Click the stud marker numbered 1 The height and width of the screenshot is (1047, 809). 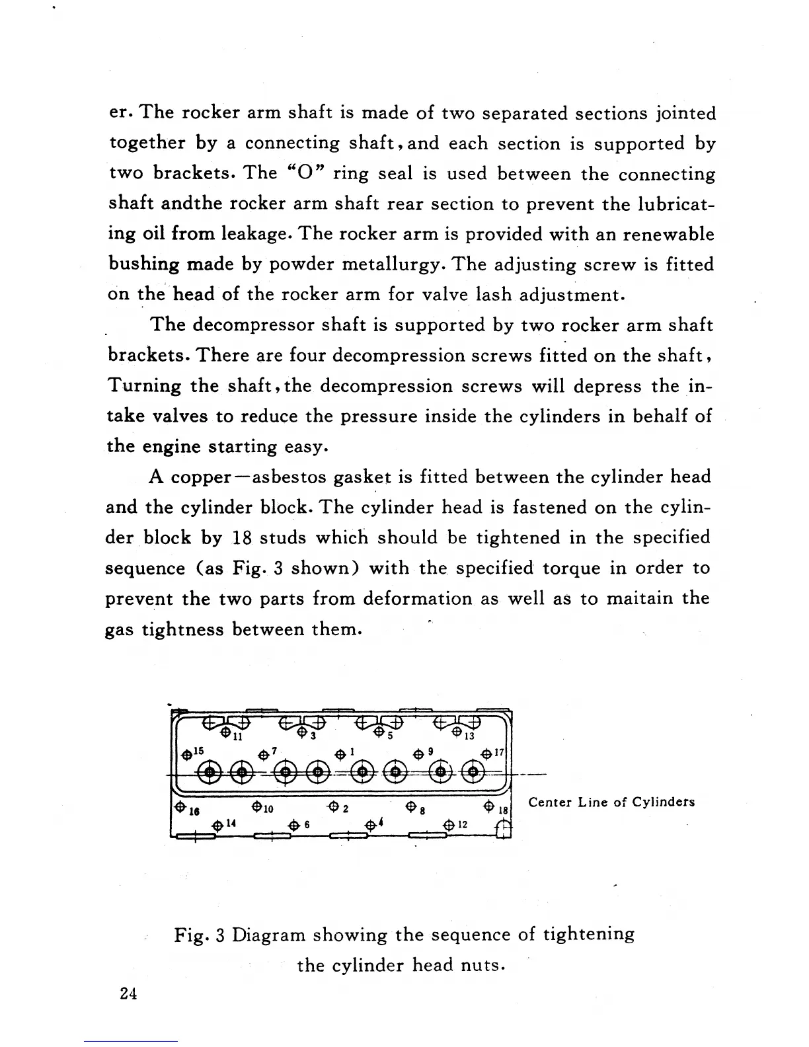(x=340, y=754)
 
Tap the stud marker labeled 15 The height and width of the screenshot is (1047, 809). (x=188, y=754)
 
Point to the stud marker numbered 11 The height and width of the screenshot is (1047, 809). (x=225, y=732)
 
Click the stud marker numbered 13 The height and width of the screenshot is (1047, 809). (x=457, y=732)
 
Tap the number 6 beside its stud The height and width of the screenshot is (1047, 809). (x=307, y=825)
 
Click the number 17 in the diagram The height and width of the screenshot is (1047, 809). (x=499, y=751)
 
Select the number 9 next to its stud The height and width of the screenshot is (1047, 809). (x=430, y=751)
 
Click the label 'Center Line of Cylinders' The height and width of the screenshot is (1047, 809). (x=611, y=802)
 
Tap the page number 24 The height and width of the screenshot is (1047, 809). (x=129, y=993)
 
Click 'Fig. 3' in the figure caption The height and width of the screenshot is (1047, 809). (x=201, y=935)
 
